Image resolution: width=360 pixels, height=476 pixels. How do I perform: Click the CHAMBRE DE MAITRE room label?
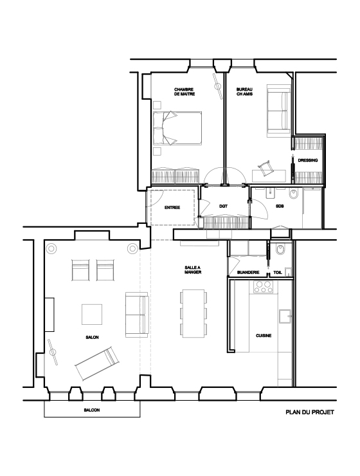point(184,92)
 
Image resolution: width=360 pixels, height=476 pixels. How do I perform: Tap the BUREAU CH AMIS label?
point(244,92)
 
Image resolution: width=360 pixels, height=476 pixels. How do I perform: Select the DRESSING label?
point(308,160)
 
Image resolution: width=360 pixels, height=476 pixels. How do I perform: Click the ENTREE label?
point(172,208)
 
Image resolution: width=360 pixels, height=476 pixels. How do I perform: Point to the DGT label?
point(223,206)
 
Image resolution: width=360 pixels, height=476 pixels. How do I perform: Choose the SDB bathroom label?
point(280,206)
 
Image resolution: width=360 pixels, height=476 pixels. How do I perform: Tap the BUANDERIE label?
point(248,273)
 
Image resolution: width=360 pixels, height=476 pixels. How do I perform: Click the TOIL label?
point(278,273)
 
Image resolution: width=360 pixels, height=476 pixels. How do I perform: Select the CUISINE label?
point(264,336)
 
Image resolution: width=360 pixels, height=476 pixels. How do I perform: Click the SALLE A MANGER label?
point(193,270)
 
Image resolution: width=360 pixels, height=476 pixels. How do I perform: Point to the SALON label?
point(92,337)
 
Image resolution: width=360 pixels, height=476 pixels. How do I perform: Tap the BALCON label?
point(92,410)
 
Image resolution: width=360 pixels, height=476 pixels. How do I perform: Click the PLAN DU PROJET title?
point(310,412)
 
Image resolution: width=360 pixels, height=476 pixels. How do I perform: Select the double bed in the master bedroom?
point(177,128)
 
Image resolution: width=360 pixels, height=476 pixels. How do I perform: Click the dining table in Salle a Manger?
point(194,313)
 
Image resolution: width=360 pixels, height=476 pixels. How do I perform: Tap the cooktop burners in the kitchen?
point(264,287)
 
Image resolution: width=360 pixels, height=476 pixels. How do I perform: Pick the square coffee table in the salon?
point(92,315)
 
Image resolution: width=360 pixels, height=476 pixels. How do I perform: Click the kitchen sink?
point(285,317)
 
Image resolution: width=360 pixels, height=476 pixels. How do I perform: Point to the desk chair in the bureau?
point(264,168)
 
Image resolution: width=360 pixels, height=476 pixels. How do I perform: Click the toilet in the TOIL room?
point(280,250)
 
